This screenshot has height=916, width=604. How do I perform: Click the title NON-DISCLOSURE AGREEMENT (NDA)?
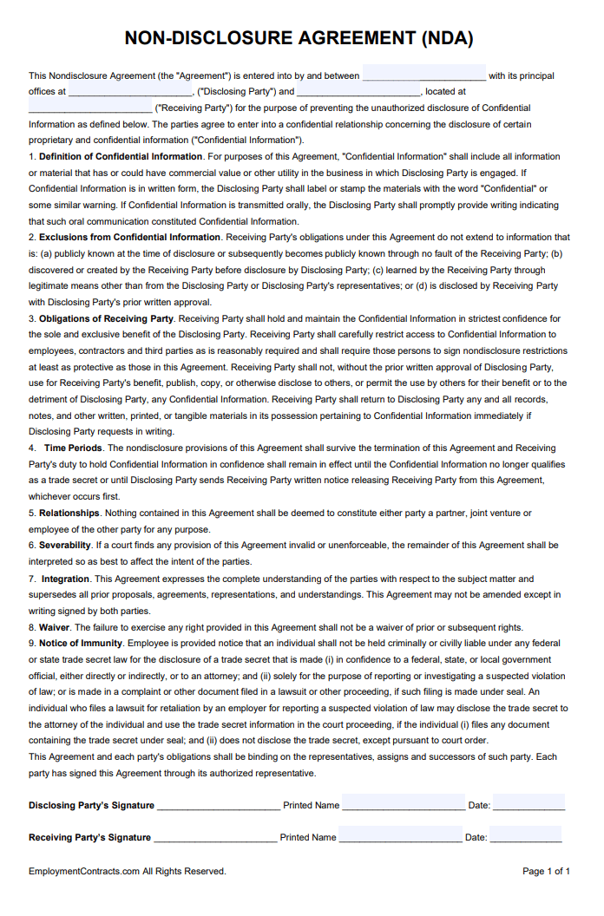click(299, 38)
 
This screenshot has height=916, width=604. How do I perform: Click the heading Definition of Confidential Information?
click(121, 156)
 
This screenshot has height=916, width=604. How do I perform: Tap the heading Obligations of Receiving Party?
click(107, 318)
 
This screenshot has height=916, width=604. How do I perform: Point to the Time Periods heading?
click(73, 448)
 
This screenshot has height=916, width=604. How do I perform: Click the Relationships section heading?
click(69, 513)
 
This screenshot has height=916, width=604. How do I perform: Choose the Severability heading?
click(65, 545)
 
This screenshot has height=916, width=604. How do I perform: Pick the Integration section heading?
click(66, 579)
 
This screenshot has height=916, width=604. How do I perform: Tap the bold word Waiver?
click(54, 627)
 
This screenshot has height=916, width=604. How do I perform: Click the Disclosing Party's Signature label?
click(91, 805)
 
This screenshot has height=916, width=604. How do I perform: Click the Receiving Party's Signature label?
click(89, 837)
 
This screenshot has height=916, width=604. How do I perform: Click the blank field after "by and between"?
click(424, 75)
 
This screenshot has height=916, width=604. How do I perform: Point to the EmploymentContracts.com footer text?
click(127, 871)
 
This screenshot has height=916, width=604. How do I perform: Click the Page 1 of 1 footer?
click(546, 871)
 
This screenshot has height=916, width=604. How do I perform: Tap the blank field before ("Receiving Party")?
click(89, 107)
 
